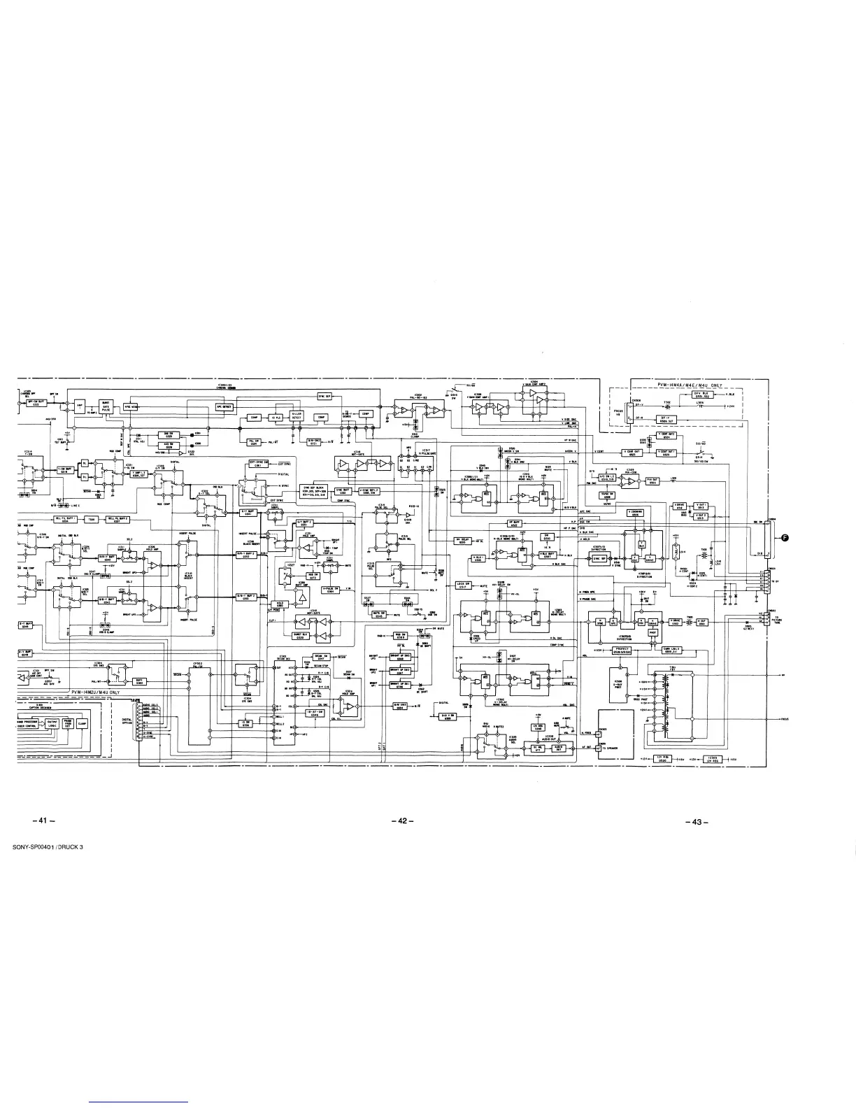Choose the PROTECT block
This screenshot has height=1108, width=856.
coord(621,650)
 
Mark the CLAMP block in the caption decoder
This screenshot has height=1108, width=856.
coord(82,723)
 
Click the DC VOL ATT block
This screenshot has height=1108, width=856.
coord(538,748)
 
